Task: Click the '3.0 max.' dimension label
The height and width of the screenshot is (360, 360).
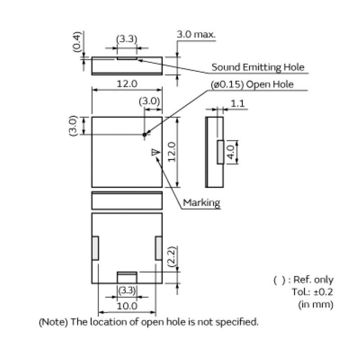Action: pyautogui.click(x=196, y=35)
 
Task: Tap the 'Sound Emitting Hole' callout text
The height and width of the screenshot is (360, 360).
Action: pyautogui.click(x=258, y=67)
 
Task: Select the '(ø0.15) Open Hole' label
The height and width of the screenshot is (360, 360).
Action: pyautogui.click(x=252, y=84)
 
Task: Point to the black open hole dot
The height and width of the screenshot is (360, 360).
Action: pyautogui.click(x=144, y=134)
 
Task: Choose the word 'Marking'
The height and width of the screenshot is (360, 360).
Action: pyautogui.click(x=202, y=203)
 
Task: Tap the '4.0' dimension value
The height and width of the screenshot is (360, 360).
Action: pyautogui.click(x=230, y=152)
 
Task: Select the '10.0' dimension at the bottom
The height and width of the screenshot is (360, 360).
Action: pyautogui.click(x=127, y=306)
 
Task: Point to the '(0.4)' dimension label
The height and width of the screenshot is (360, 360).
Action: pyautogui.click(x=77, y=42)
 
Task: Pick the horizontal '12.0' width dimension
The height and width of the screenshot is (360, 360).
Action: pyautogui.click(x=127, y=84)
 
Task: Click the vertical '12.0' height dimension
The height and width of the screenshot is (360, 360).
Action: pyautogui.click(x=171, y=152)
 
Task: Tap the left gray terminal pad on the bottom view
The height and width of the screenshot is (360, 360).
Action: pyautogui.click(x=95, y=247)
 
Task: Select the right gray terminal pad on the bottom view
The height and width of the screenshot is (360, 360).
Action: pyautogui.click(x=158, y=247)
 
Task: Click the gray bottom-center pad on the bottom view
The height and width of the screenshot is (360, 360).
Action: pyautogui.click(x=127, y=278)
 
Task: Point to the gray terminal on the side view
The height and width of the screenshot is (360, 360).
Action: pyautogui.click(x=220, y=152)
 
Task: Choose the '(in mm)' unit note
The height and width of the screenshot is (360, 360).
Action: pyautogui.click(x=315, y=304)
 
